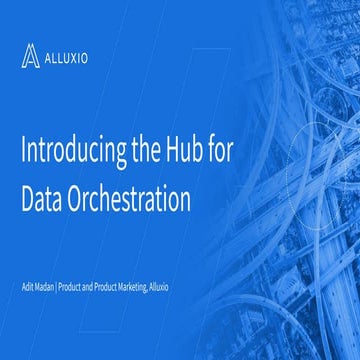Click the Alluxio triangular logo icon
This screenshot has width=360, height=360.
tap(30, 56)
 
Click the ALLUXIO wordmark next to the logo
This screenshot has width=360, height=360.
tap(66, 57)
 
